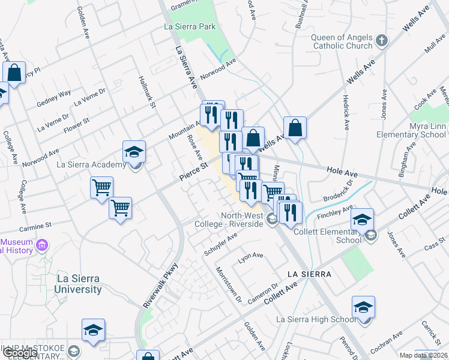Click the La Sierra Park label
[189, 26]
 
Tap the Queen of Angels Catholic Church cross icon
[382, 41]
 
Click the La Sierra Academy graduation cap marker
[134, 152]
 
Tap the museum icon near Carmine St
[41, 245]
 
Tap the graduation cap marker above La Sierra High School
[363, 308]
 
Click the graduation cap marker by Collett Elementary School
[363, 220]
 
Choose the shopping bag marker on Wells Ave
[295, 128]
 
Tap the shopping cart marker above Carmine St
[101, 188]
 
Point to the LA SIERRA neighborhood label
[309, 274]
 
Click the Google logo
[20, 353]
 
